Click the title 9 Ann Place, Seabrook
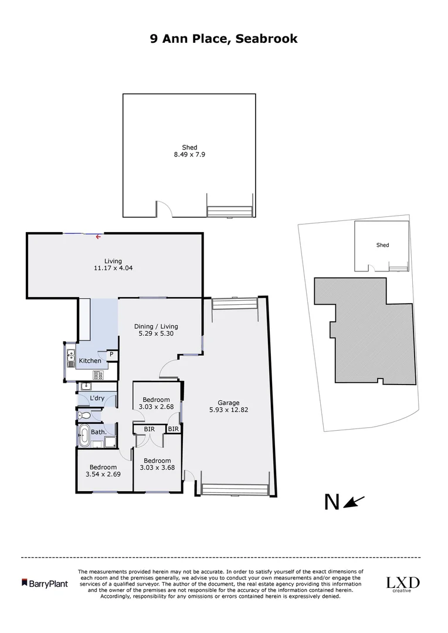(224, 39)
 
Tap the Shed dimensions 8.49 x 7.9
(189, 155)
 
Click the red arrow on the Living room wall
(99, 237)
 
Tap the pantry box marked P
(110, 354)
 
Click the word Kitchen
(90, 360)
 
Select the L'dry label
(97, 399)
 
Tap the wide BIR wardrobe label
(150, 430)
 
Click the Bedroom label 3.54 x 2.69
(103, 471)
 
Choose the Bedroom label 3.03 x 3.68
(157, 464)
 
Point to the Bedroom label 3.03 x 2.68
(157, 404)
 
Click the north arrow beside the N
(354, 502)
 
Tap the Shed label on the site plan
(382, 245)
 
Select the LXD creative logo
(402, 584)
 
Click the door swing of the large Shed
(164, 208)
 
